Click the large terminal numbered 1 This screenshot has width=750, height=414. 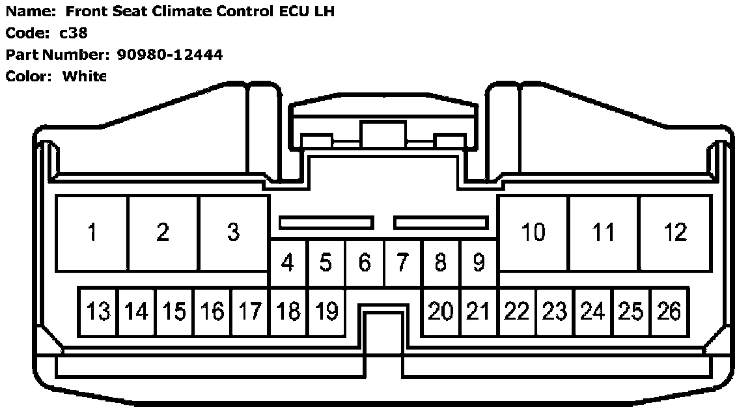pos(92,232)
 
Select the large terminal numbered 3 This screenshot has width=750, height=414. pos(233,232)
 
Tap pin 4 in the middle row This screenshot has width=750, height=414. pos(287,263)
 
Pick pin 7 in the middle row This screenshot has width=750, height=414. pos(402,263)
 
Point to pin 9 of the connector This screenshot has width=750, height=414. pos(479,263)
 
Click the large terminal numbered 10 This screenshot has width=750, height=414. pos(533,232)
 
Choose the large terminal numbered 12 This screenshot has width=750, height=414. pos(674,232)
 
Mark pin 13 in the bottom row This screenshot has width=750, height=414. pos(98,312)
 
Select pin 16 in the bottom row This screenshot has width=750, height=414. pos(212,312)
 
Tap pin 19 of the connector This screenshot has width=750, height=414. pos(326,312)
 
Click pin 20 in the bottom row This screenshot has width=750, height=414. pos(440,312)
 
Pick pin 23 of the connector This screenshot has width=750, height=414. pos(555,312)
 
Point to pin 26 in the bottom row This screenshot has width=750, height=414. pos(669,312)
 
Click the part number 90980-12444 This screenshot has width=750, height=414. pos(169,55)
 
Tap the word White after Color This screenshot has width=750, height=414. pos(83,76)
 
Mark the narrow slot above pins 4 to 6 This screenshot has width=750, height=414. pos(326,223)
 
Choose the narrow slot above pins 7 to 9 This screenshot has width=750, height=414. pos(441,223)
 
